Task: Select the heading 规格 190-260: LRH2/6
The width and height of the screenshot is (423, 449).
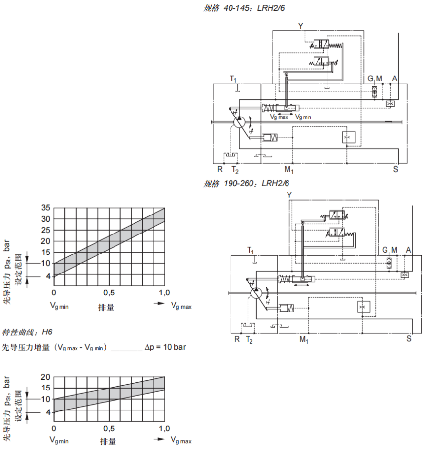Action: [x=247, y=183]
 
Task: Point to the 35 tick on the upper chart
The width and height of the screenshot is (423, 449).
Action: [x=45, y=208]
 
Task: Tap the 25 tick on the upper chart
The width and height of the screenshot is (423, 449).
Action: [x=45, y=230]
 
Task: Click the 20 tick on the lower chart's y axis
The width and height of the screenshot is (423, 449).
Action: [x=45, y=377]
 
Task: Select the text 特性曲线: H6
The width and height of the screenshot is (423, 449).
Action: [x=27, y=332]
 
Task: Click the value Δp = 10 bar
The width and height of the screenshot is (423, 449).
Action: [x=165, y=347]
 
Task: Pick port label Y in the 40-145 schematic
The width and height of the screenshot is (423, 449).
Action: [x=300, y=25]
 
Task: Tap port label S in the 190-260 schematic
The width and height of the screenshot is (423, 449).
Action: [x=409, y=338]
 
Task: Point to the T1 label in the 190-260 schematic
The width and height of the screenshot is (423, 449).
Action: [x=250, y=250]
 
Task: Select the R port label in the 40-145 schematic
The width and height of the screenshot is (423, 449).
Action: [x=220, y=169]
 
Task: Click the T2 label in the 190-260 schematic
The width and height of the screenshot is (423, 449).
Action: [x=250, y=339]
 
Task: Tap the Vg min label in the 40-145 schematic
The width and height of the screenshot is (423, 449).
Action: [x=303, y=117]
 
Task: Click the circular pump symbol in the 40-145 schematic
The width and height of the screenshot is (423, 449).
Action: [x=239, y=122]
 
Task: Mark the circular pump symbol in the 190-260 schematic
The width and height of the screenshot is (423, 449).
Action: [x=256, y=293]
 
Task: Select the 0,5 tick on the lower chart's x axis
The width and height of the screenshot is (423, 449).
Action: [x=109, y=429]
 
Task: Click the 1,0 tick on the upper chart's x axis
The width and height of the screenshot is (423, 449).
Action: [x=164, y=293]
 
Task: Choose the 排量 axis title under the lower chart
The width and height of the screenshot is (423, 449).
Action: [x=108, y=441]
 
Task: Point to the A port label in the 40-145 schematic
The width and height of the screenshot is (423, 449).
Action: [x=394, y=79]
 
